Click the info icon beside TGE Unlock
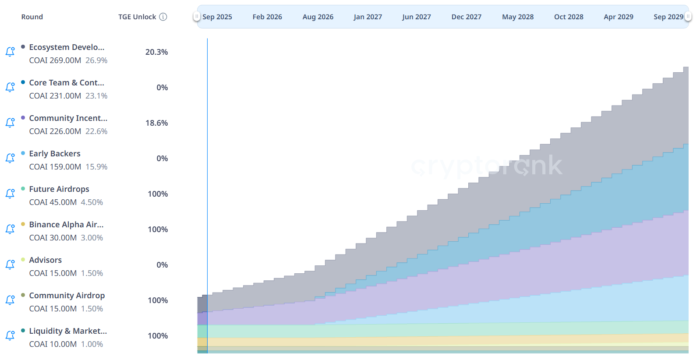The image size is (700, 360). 163,17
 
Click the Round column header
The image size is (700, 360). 32,17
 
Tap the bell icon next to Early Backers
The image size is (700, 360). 10,158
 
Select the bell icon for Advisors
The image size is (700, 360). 10,265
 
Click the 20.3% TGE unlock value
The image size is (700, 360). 156,52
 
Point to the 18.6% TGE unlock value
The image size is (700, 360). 156,123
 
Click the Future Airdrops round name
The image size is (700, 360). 59,189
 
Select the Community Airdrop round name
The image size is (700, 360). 67,296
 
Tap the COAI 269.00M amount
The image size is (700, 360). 55,60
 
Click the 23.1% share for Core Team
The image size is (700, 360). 96,96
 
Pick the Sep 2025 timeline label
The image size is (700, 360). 217,17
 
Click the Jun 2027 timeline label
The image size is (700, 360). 416,17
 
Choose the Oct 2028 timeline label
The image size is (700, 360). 569,17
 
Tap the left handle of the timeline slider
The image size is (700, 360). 197,17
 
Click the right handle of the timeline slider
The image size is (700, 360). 688,17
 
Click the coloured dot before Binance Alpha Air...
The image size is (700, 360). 23,224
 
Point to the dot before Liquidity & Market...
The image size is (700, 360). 23,331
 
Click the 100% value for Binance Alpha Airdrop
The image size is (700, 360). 158,229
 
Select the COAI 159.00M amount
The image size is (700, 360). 55,167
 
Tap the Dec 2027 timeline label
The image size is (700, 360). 467,17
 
